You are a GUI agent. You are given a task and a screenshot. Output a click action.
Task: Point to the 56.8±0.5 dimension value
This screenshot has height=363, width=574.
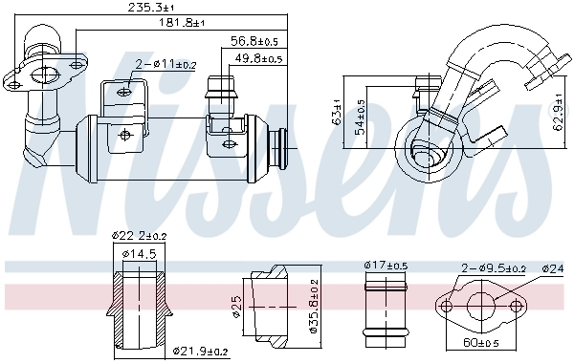tap(254, 42)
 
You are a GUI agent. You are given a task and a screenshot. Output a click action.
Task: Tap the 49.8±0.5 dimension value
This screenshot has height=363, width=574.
tap(258, 58)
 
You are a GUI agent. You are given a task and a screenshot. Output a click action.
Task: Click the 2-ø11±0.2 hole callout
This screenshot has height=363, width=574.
tap(165, 65)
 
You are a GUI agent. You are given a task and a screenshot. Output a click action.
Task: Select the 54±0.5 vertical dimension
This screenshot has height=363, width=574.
tap(360, 117)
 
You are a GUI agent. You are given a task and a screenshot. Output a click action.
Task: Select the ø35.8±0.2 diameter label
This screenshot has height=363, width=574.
tap(313, 303)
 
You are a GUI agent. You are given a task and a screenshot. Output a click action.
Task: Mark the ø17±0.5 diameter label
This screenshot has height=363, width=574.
tap(387, 266)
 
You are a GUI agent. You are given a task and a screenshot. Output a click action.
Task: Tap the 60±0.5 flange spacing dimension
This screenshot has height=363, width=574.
tap(481, 339)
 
